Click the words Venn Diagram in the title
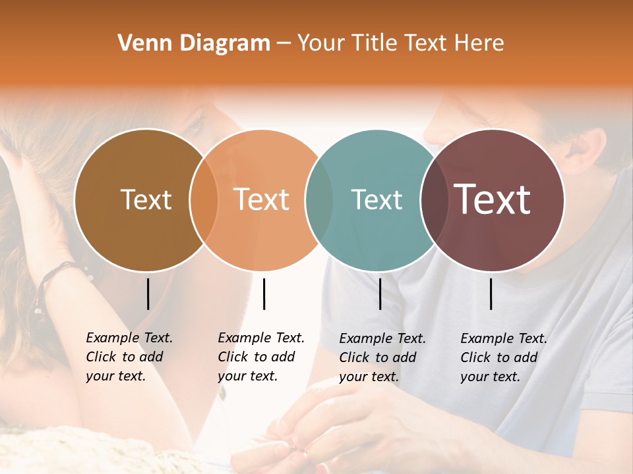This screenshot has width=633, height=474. (194, 43)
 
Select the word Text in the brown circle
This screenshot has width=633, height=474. (146, 199)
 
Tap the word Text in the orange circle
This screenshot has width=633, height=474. (262, 199)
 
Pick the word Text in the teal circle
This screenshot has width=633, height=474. (377, 199)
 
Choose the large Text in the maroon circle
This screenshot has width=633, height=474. (493, 199)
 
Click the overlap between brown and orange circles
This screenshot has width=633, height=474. (204, 200)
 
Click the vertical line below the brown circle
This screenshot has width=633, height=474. (148, 294)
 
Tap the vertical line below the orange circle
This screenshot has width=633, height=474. (264, 294)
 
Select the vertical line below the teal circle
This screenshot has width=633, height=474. (380, 294)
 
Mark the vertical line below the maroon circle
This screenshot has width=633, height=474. (491, 294)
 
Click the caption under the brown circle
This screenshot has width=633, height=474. (129, 357)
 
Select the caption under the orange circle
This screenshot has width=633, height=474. (260, 357)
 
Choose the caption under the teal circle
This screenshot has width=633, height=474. (382, 357)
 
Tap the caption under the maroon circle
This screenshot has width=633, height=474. (503, 357)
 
